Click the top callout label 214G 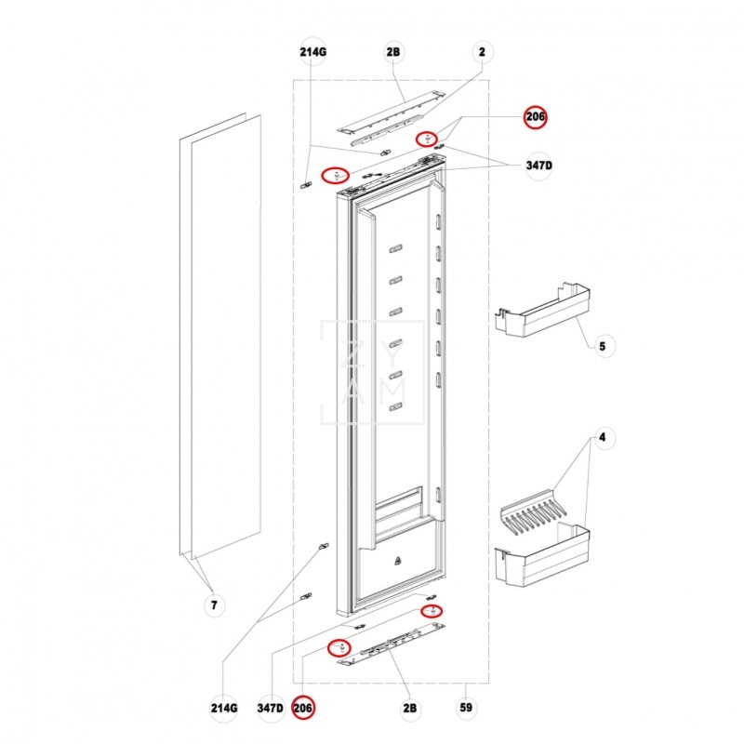coord(313,52)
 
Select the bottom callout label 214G coord(223,708)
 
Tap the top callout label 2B coord(392,52)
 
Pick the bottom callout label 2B coord(409,708)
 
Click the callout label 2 coord(482,52)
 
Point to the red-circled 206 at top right coord(536,116)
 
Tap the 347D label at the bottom coord(270,708)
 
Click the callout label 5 coord(602,346)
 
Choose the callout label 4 coord(602,437)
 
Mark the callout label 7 coord(213,606)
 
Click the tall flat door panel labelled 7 coord(220,335)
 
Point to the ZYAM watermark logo coord(372,372)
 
